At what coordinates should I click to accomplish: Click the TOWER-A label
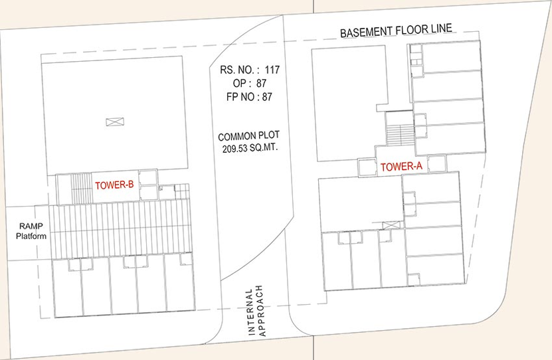(x=401, y=166)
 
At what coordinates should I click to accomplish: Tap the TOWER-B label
(x=114, y=185)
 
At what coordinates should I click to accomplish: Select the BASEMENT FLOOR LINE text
(x=396, y=31)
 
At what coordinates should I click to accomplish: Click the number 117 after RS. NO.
(x=272, y=70)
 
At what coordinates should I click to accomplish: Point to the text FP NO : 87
(x=249, y=97)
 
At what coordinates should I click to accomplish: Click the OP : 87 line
(x=250, y=84)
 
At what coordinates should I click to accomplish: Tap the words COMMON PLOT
(x=248, y=136)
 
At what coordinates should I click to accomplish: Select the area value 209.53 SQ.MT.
(x=250, y=148)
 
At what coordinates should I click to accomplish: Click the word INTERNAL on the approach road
(x=251, y=312)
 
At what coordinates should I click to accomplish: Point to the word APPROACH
(x=262, y=311)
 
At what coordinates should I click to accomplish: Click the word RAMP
(x=31, y=226)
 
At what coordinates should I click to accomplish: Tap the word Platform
(x=31, y=236)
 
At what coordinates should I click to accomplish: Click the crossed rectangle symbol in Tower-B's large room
(x=115, y=122)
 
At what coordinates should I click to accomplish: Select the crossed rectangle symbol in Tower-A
(x=391, y=225)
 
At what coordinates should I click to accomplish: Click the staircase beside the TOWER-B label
(x=81, y=189)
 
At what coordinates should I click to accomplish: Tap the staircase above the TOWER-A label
(x=400, y=134)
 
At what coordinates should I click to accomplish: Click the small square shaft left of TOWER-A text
(x=367, y=167)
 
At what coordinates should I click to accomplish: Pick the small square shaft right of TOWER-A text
(x=437, y=164)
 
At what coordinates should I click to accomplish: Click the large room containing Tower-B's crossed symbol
(x=114, y=116)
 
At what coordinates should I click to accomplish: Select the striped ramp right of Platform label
(x=120, y=228)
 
